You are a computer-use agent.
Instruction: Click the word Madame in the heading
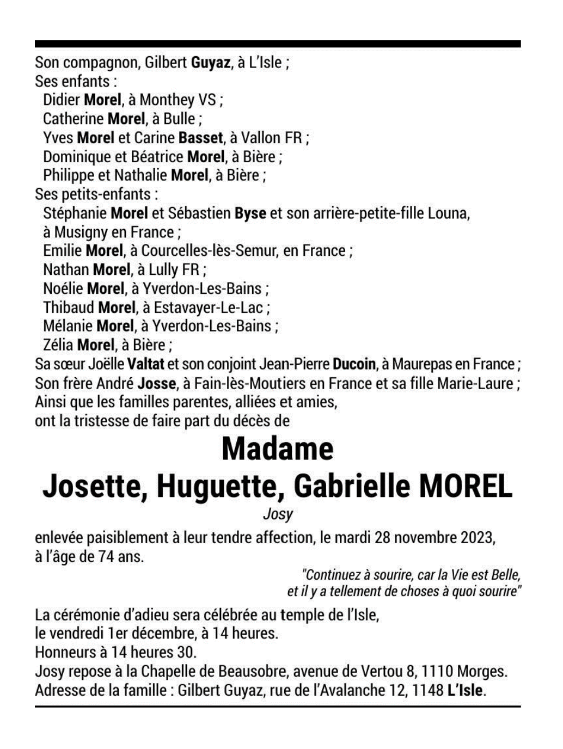[277, 449]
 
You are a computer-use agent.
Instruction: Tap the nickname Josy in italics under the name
[278, 513]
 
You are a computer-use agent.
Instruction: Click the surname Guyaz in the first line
[210, 63]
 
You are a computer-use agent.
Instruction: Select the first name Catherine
[74, 119]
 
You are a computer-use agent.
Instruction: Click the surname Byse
[250, 213]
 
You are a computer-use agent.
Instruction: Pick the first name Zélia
[58, 345]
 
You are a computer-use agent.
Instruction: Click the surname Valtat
[144, 364]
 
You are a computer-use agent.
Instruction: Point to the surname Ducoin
[354, 364]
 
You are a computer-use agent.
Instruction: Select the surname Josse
[157, 383]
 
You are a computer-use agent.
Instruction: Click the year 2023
[477, 538]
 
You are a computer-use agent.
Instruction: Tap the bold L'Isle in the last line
[465, 690]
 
